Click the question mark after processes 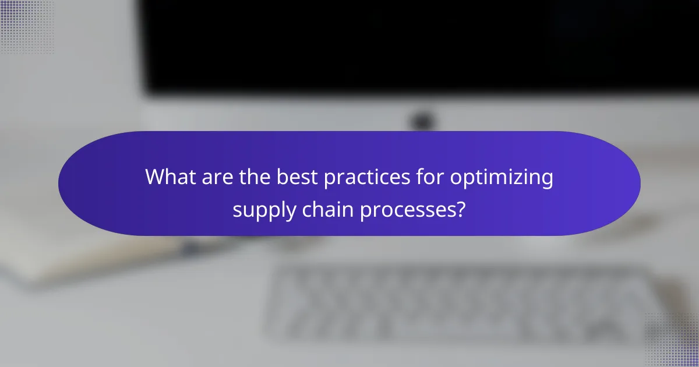click(x=460, y=208)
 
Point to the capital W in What click(x=155, y=177)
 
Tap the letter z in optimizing click(x=530, y=178)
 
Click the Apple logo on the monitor click(x=421, y=121)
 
